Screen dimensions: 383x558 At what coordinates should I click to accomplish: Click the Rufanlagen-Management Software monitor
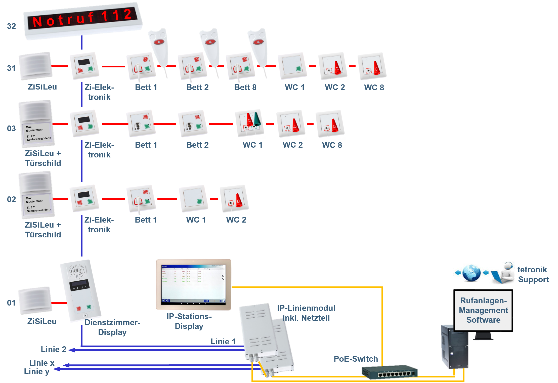(x=483, y=310)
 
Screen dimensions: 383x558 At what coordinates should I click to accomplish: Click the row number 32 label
(x=12, y=26)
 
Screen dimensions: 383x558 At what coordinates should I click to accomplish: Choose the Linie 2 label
(x=54, y=349)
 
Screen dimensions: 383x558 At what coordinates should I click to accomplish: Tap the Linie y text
(x=37, y=371)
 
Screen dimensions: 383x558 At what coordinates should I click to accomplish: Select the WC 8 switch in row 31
(x=372, y=66)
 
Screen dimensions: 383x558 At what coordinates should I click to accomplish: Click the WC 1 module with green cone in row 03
(x=250, y=123)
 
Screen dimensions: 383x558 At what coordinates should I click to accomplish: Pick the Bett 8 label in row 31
(x=245, y=87)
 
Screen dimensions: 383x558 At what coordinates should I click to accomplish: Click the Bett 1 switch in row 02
(x=141, y=198)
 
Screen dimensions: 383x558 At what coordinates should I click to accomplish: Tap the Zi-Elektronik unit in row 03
(x=84, y=123)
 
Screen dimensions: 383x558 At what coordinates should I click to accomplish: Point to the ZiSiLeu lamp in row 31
(x=36, y=66)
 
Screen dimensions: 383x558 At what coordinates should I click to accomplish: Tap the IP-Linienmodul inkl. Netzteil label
(x=306, y=313)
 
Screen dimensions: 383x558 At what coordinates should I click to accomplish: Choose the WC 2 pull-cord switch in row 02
(x=234, y=198)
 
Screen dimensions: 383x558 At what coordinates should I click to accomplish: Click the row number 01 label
(x=11, y=303)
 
